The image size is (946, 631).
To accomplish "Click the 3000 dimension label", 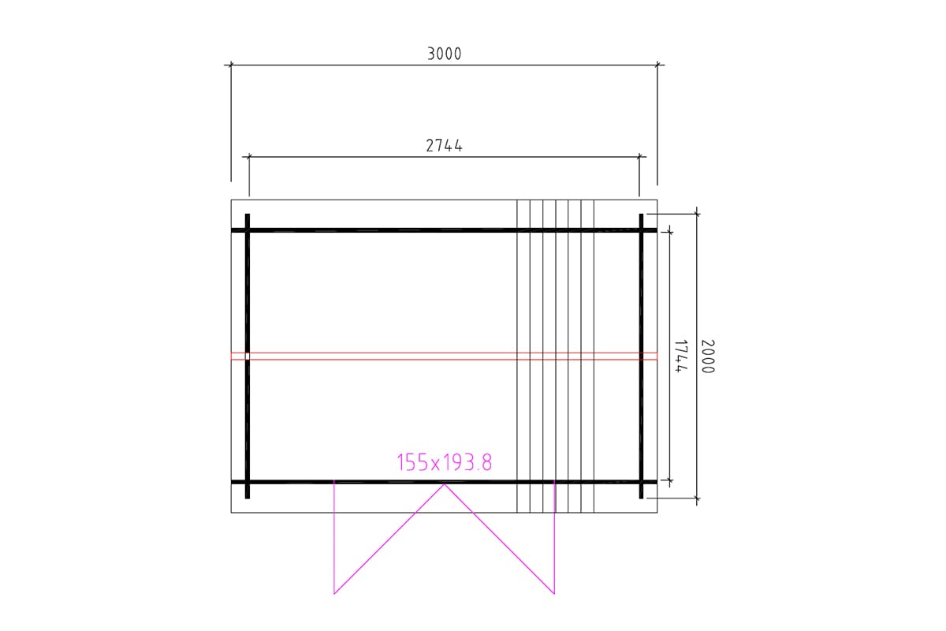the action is point(445,54).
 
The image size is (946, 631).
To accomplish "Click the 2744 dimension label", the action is point(444,145).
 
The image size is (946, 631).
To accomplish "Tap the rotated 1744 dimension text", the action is point(680,356).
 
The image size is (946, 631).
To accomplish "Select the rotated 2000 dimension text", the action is point(708,357).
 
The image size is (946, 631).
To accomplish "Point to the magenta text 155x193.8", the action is point(445,462).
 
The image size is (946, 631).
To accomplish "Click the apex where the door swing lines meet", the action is point(445,484).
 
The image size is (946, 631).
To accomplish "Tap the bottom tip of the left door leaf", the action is point(334,594).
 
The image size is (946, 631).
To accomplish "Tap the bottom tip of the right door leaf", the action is point(554,594).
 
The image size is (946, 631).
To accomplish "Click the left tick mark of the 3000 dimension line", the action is point(230,65).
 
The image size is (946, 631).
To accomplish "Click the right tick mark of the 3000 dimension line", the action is point(657,65).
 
